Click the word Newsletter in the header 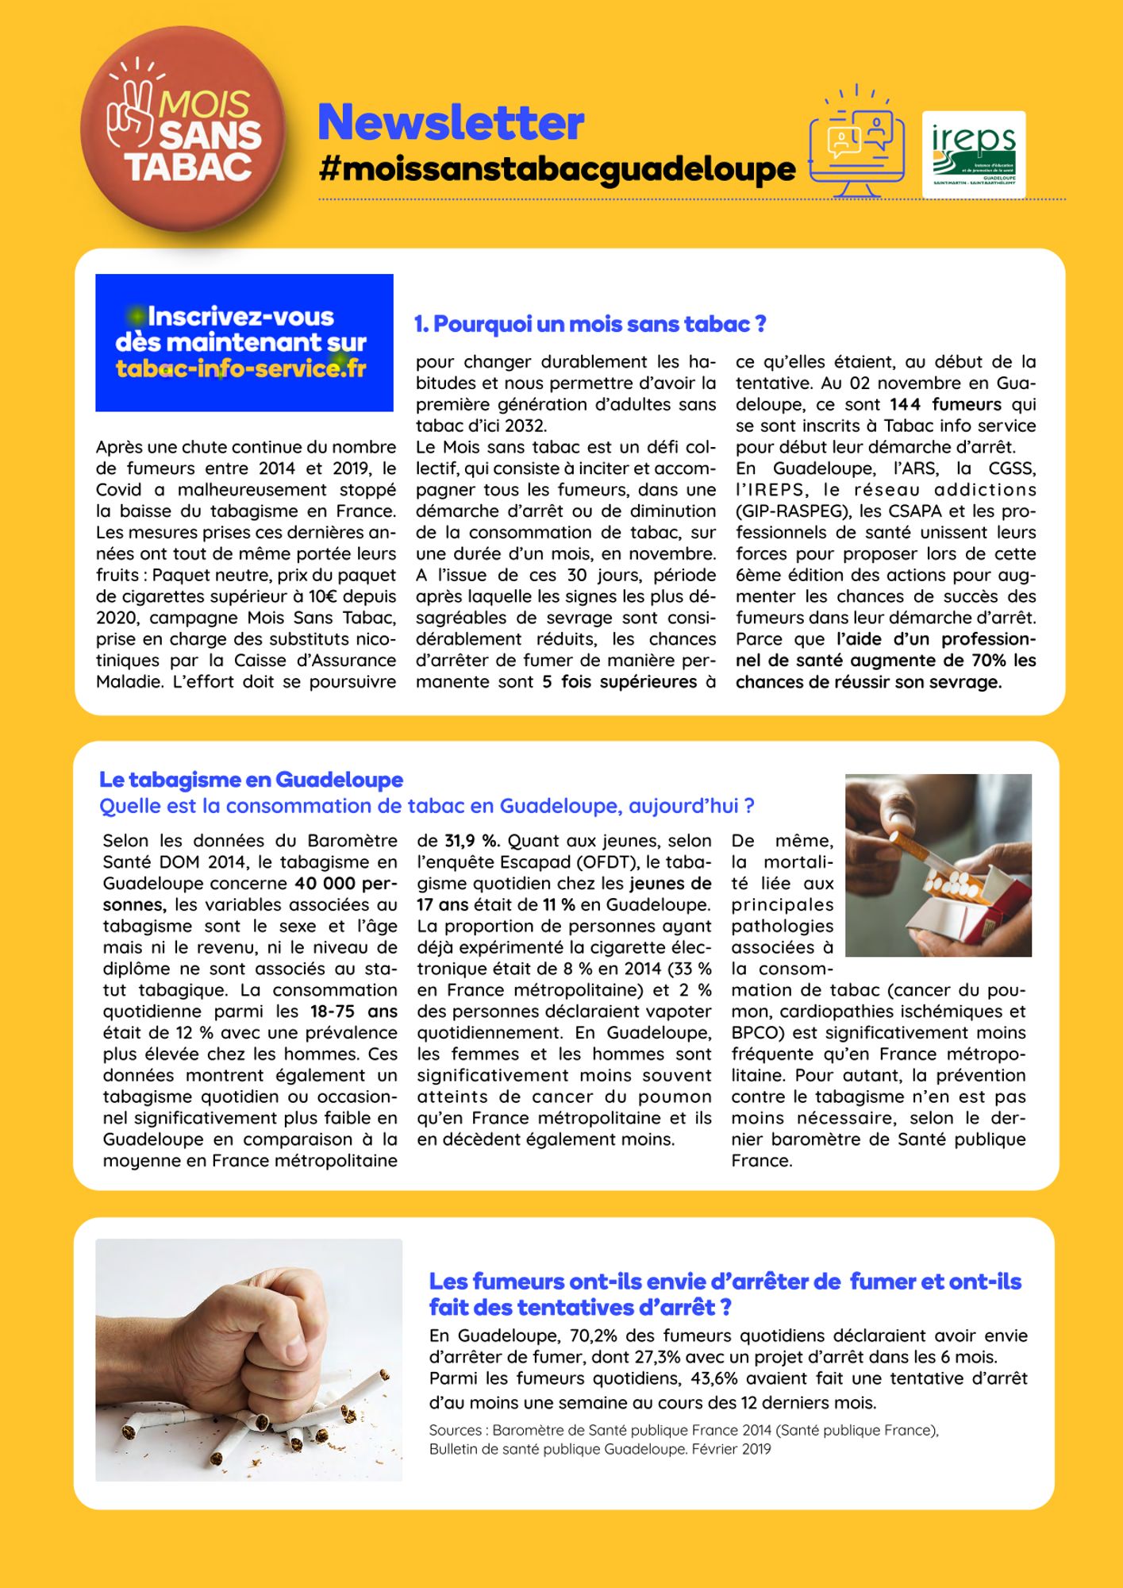[451, 122]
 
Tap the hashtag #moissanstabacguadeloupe [556, 169]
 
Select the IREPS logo [973, 153]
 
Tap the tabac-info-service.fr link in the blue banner [240, 369]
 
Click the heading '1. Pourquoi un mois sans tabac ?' [590, 324]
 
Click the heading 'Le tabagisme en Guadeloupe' [251, 780]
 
